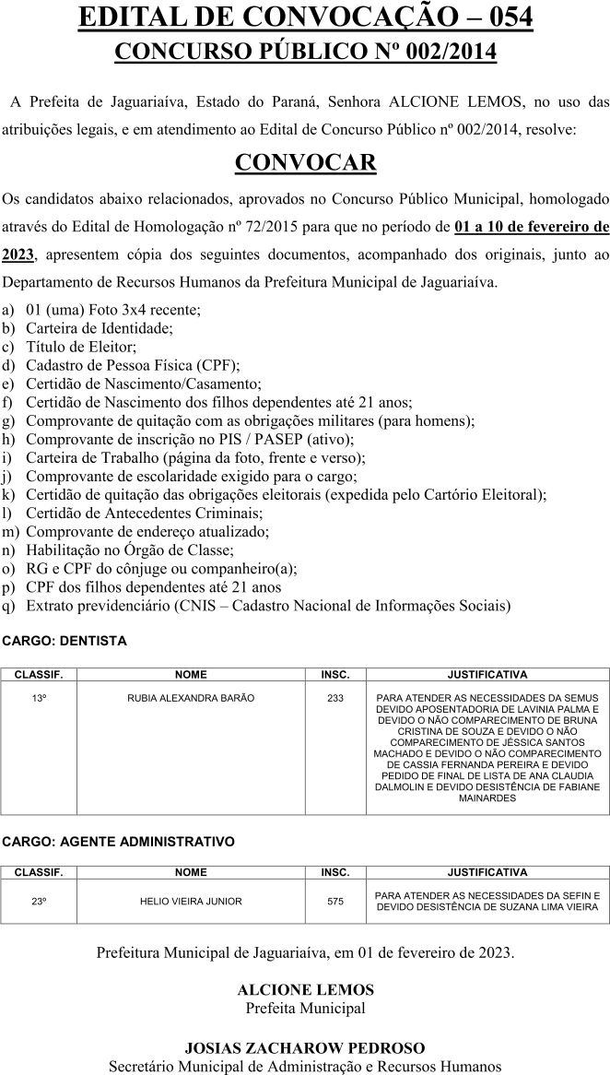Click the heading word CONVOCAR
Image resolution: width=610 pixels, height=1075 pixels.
305,163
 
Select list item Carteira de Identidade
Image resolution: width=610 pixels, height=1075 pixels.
100,327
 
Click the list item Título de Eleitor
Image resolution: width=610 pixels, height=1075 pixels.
81,346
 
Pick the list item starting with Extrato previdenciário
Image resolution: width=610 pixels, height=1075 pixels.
267,606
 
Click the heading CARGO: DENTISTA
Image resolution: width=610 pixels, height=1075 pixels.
65,640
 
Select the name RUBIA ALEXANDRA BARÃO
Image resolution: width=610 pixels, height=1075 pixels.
191,698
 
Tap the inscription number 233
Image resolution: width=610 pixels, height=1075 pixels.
335,698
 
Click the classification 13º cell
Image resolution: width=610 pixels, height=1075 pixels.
39,698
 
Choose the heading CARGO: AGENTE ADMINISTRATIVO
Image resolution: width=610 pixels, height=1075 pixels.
118,841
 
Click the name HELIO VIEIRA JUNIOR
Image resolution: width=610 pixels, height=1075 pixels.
191,901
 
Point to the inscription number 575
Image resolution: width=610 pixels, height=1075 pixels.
335,901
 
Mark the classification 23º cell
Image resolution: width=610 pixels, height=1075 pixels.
39,901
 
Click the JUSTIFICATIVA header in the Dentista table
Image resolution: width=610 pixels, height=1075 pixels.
487,675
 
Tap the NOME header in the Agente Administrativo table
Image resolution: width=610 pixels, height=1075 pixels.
191,872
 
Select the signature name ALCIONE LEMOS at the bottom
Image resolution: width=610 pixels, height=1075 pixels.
305,989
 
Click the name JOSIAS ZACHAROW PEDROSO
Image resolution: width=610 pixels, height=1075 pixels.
305,1048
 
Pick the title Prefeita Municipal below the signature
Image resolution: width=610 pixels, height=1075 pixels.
305,1008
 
